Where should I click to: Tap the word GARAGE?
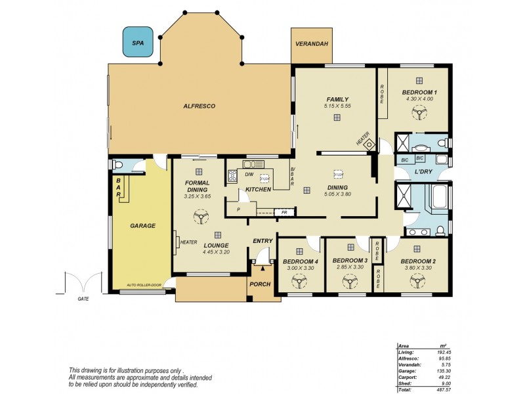click(x=142, y=225)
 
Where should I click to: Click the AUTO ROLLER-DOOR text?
click(x=143, y=284)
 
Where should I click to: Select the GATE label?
click(x=83, y=298)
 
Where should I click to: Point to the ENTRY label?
click(x=262, y=241)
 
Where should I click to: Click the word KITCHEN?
click(x=258, y=189)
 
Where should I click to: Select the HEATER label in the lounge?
click(x=189, y=242)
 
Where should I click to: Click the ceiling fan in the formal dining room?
click(x=198, y=217)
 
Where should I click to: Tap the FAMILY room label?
click(x=337, y=99)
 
